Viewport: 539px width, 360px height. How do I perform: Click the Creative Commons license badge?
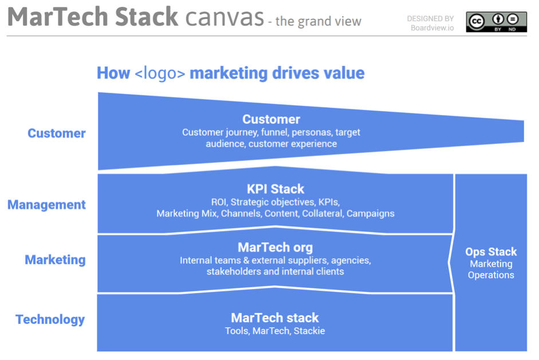coord(496,22)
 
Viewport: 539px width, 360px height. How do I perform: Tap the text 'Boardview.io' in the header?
coord(432,28)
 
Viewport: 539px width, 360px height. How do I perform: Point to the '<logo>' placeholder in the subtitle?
coord(160,73)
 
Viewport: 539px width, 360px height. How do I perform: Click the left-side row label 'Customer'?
coord(57,134)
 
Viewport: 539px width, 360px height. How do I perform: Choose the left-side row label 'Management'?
coord(47,205)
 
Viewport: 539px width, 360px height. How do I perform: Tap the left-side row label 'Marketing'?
coord(55,260)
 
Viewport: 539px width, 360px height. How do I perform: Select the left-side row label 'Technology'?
coord(50,319)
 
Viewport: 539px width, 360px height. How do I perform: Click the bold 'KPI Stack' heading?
coord(276,189)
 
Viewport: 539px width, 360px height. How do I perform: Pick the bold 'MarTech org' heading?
coord(276,248)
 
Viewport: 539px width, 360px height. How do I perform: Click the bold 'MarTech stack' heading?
coord(275,318)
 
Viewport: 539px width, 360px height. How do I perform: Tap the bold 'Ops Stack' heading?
coord(491,252)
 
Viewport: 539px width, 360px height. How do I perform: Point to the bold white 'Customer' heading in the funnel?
coord(271,119)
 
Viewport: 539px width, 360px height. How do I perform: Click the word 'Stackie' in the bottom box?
coord(309,331)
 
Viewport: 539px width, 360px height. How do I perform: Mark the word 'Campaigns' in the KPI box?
coord(371,213)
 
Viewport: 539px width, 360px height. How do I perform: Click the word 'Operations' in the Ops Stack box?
coord(491,275)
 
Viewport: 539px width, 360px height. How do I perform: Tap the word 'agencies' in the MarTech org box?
coord(352,260)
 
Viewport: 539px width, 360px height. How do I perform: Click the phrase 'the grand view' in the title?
coord(318,22)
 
